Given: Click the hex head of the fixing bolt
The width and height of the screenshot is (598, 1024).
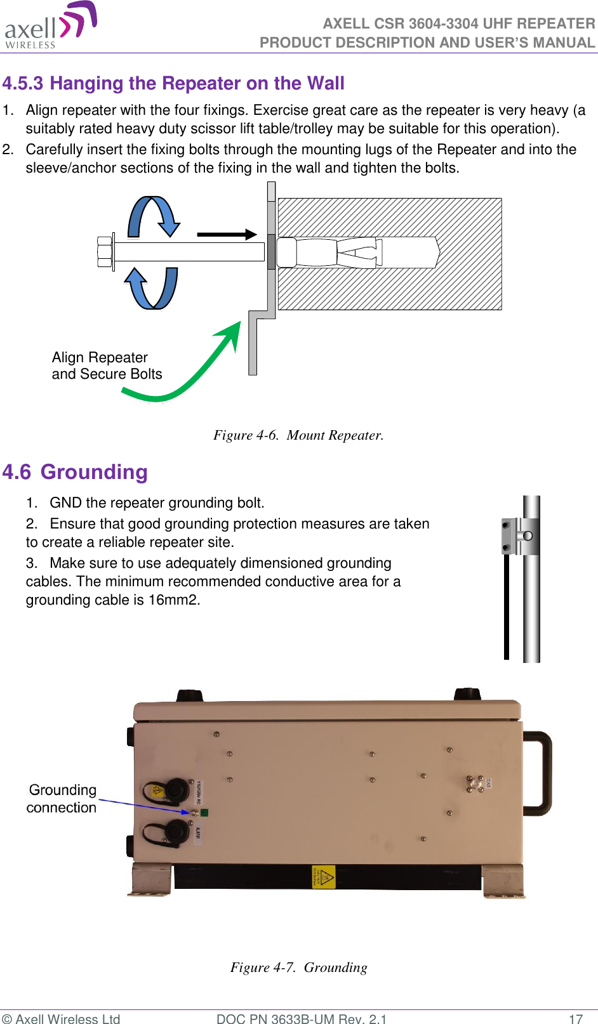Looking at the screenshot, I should pyautogui.click(x=105, y=252).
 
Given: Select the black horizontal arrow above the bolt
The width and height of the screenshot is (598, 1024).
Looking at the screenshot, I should pyautogui.click(x=226, y=234).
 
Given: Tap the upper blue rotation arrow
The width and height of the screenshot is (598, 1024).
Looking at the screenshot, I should pyautogui.click(x=154, y=216).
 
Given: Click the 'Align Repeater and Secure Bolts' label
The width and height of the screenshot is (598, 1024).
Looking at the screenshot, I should pyautogui.click(x=107, y=366).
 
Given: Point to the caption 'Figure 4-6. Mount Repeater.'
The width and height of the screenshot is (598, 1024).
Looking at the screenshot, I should pyautogui.click(x=298, y=435).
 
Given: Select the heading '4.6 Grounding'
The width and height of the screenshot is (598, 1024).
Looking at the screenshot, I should pyautogui.click(x=75, y=472).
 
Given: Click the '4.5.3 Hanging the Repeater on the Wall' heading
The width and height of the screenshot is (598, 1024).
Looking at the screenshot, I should pyautogui.click(x=173, y=84).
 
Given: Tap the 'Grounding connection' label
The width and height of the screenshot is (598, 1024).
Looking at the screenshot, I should pyautogui.click(x=62, y=799).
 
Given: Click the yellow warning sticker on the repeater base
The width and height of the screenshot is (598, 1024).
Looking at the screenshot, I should pyautogui.click(x=324, y=877).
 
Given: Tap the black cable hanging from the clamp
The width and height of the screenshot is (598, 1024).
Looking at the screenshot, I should pyautogui.click(x=507, y=609).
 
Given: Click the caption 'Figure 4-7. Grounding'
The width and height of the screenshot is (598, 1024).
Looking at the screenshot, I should pyautogui.click(x=298, y=968).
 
